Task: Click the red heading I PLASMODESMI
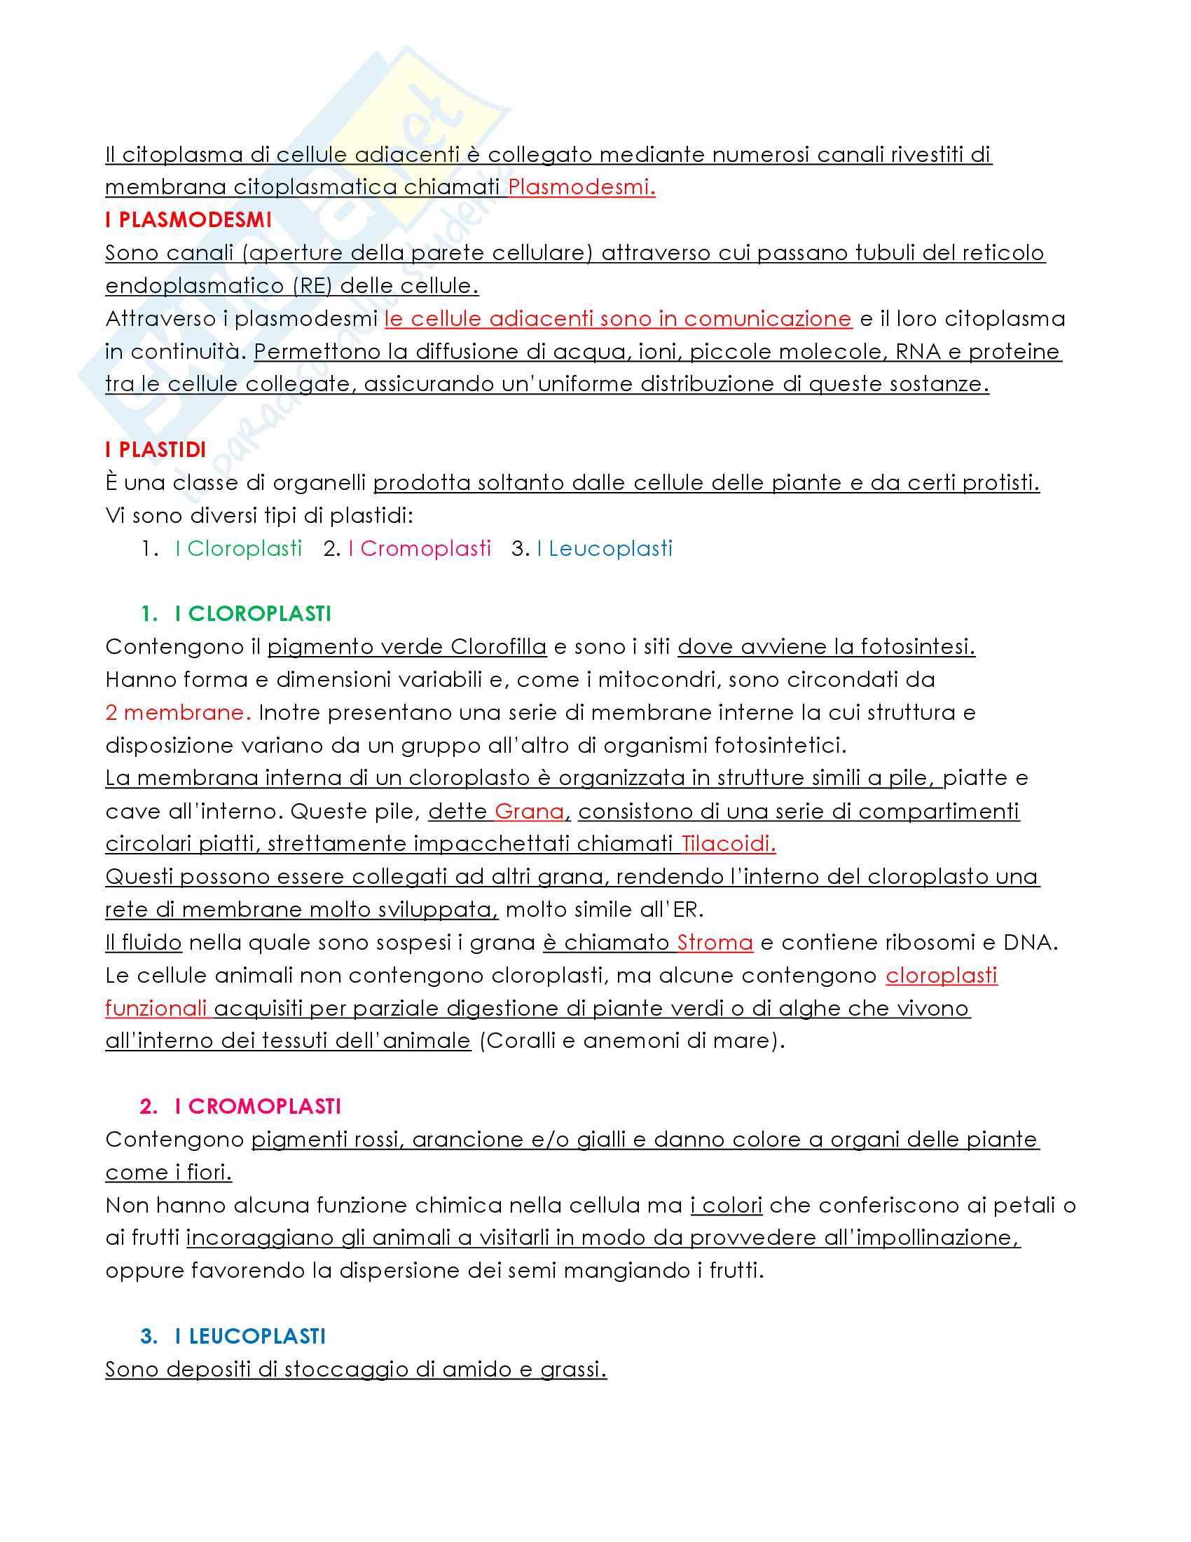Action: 188,219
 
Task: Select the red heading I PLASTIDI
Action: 156,450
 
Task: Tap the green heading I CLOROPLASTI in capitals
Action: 253,613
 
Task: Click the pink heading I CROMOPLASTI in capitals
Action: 258,1105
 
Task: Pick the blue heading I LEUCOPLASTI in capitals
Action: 250,1336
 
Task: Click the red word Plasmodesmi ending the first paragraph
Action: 581,186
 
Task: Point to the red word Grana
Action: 529,811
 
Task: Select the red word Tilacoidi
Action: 728,844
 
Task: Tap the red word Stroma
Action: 715,943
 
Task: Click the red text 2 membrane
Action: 178,712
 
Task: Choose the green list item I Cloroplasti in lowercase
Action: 238,549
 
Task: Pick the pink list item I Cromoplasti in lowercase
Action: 420,549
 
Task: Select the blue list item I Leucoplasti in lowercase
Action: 605,549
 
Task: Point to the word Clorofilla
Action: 498,647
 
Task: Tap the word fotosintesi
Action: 916,647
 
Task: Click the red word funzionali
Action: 156,1008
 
